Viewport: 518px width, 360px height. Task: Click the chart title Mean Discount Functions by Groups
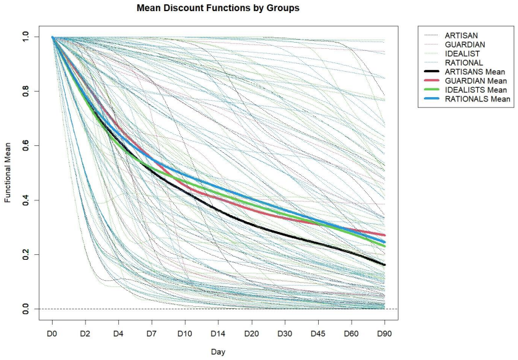point(218,8)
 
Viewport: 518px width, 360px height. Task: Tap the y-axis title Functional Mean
point(7,173)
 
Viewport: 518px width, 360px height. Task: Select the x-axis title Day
point(218,352)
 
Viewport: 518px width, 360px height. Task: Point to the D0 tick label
point(52,334)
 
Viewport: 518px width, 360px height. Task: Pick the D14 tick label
point(218,334)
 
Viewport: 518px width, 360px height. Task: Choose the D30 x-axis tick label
point(285,334)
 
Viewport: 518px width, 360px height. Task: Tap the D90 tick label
point(384,334)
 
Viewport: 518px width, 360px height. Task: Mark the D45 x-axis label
point(318,334)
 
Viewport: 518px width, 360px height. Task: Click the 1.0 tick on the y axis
point(25,36)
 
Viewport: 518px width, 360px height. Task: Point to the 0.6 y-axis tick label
point(25,145)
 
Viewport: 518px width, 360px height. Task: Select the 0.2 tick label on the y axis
point(25,255)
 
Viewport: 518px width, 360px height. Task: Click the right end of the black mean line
point(384,265)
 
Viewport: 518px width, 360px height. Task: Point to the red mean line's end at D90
point(384,235)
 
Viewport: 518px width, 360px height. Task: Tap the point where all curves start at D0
point(52,37)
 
